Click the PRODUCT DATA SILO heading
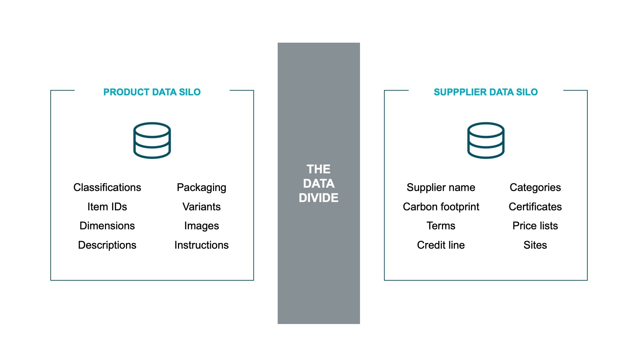(x=152, y=92)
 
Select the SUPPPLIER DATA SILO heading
(x=486, y=92)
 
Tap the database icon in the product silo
(x=152, y=140)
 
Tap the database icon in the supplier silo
(x=486, y=140)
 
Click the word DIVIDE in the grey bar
(x=318, y=198)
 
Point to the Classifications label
(x=107, y=187)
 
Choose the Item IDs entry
(x=107, y=207)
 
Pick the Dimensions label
(x=107, y=226)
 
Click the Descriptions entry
(x=107, y=245)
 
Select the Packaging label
(x=201, y=187)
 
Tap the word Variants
(x=201, y=207)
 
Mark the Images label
(x=201, y=226)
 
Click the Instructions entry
(x=201, y=245)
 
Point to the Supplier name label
(x=441, y=187)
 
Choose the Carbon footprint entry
(x=441, y=207)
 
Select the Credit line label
(x=441, y=245)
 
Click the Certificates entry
(x=535, y=207)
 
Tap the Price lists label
(x=535, y=226)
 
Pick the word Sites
(x=535, y=245)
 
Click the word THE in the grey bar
(x=318, y=169)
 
